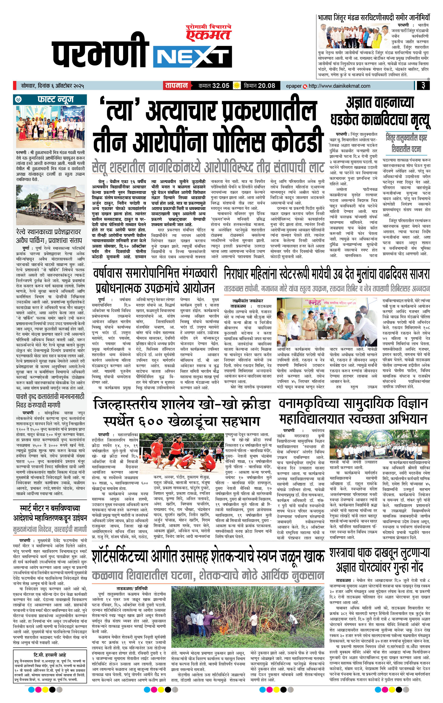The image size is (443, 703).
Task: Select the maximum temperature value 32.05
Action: pyautogui.click(x=221, y=86)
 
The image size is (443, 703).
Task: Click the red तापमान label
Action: pyautogui.click(x=176, y=86)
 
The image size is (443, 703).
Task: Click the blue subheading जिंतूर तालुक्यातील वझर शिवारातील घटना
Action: pyautogui.click(x=406, y=143)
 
